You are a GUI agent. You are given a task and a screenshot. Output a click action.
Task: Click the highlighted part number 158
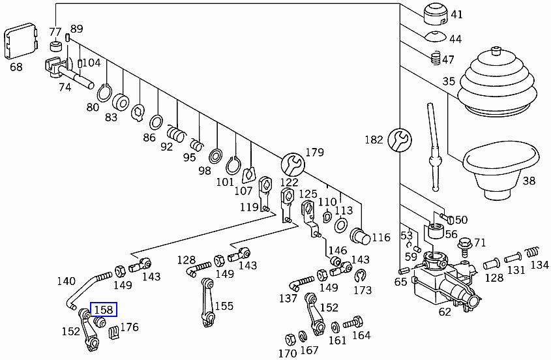coord(104,309)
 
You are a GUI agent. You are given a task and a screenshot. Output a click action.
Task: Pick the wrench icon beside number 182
coord(399,140)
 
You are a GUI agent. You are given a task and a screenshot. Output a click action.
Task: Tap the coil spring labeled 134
coord(533,252)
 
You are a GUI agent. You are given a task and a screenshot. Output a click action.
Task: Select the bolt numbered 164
coord(354,322)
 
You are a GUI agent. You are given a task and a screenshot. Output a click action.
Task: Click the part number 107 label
coord(243,191)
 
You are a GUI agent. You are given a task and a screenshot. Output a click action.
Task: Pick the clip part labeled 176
coord(113,333)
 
